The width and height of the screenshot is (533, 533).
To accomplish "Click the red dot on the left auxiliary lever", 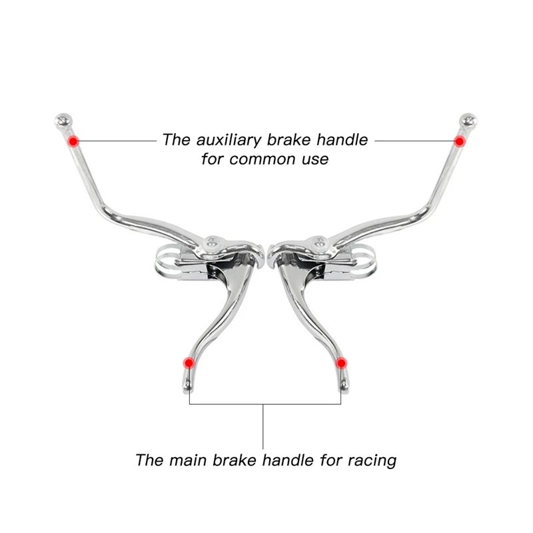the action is (73, 141).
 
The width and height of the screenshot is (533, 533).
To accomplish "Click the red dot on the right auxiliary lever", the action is (459, 141).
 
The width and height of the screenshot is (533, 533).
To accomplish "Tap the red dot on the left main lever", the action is (189, 363).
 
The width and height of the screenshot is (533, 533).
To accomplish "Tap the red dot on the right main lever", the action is (341, 363).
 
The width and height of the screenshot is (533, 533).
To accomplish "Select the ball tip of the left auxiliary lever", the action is (63, 121).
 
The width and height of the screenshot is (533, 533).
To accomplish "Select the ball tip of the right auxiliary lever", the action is (468, 121).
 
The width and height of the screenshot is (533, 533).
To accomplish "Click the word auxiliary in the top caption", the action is (229, 140).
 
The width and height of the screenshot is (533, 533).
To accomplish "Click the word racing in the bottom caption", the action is (372, 461).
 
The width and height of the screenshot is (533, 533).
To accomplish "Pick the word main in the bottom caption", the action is (189, 460).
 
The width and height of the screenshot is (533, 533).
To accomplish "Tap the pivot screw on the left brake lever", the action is (212, 242).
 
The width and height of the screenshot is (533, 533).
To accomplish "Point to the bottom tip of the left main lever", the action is (187, 392).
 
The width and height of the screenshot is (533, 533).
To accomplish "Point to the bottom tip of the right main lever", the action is (344, 392).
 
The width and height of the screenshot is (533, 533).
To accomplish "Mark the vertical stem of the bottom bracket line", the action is (263, 426).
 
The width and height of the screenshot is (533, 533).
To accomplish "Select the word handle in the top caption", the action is (342, 140).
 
